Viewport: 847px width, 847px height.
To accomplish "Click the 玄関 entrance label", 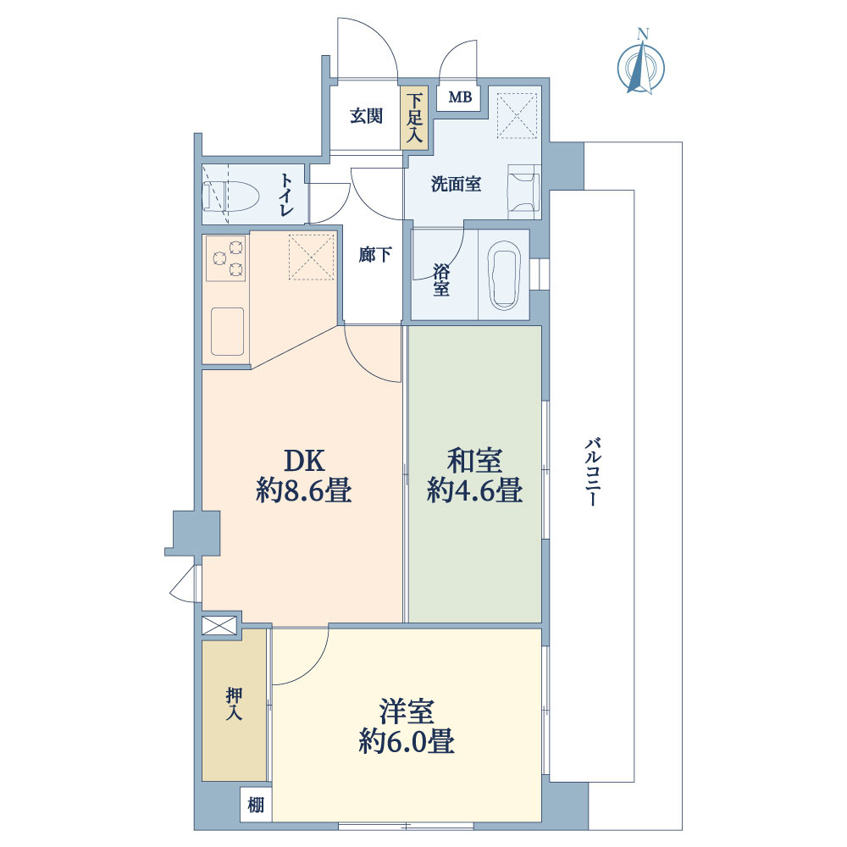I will tap(367, 117).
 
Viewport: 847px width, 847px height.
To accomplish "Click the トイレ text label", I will tap(287, 195).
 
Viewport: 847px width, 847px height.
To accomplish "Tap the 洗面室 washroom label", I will tap(456, 184).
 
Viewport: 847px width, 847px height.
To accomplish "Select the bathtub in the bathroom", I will tap(504, 275).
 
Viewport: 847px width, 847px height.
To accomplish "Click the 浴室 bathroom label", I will tap(441, 280).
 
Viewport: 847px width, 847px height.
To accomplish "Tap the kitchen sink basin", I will tap(227, 331).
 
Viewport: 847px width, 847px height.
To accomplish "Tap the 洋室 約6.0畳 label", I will tap(407, 726).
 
